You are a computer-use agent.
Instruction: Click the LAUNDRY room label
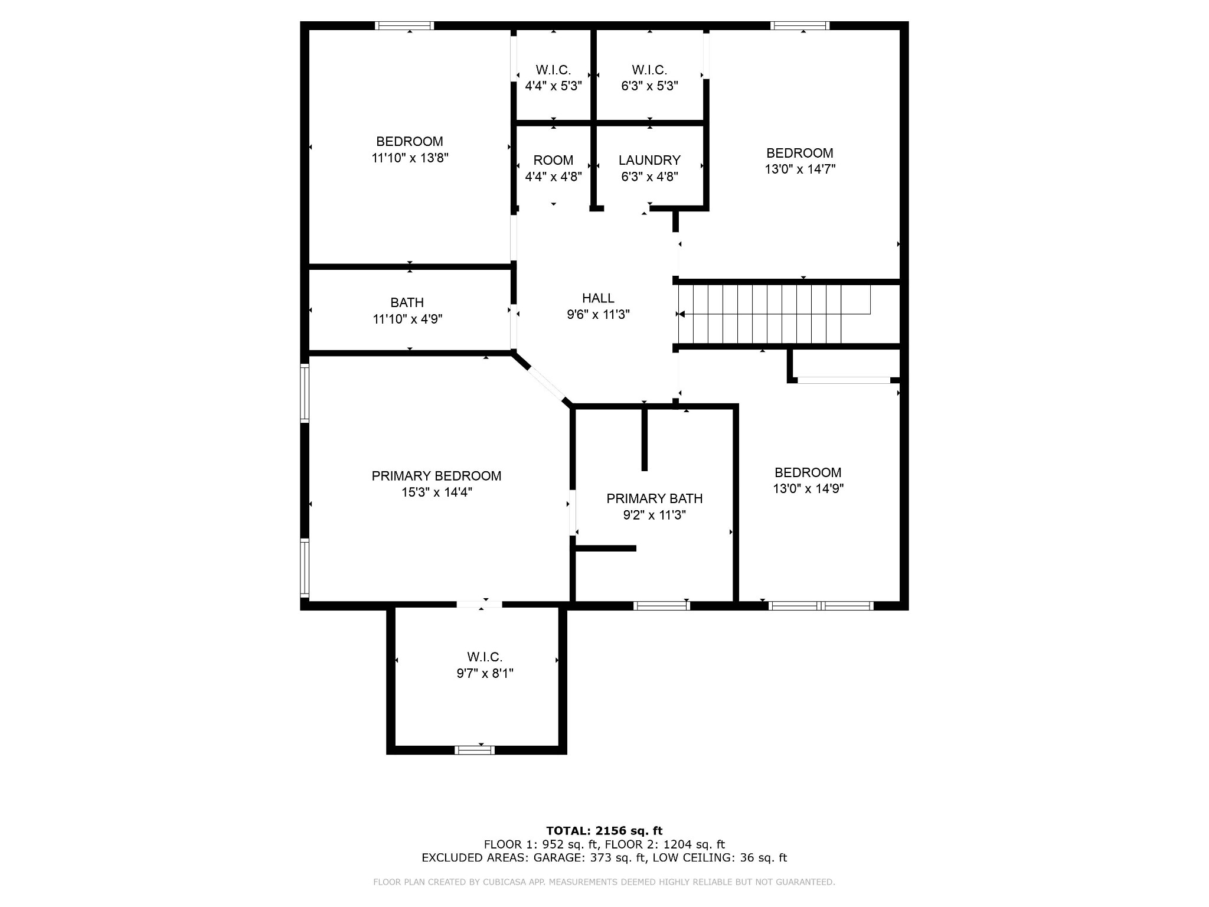pos(649,160)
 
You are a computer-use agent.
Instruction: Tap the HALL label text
pos(598,298)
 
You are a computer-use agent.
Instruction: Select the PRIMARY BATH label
pos(654,498)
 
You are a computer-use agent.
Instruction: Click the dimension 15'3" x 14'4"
pos(437,492)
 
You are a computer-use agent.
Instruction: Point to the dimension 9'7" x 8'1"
pos(485,674)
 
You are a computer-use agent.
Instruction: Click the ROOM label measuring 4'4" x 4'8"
pos(553,160)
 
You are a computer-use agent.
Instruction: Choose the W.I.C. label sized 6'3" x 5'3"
pos(649,70)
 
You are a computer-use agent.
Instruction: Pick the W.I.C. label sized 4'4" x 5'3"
pos(553,70)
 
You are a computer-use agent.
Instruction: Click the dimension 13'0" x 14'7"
pos(800,169)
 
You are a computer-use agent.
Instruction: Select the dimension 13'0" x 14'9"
pos(808,489)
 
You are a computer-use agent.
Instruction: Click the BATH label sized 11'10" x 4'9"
pos(407,302)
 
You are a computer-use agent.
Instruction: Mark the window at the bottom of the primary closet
pos(475,750)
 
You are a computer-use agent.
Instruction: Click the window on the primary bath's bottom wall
pos(661,605)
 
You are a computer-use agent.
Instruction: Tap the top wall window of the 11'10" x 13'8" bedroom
pos(404,25)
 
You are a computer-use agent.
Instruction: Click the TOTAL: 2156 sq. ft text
pos(604,831)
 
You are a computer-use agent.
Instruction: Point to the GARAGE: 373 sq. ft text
pos(590,858)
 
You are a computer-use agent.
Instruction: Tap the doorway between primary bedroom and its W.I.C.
pos(479,604)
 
